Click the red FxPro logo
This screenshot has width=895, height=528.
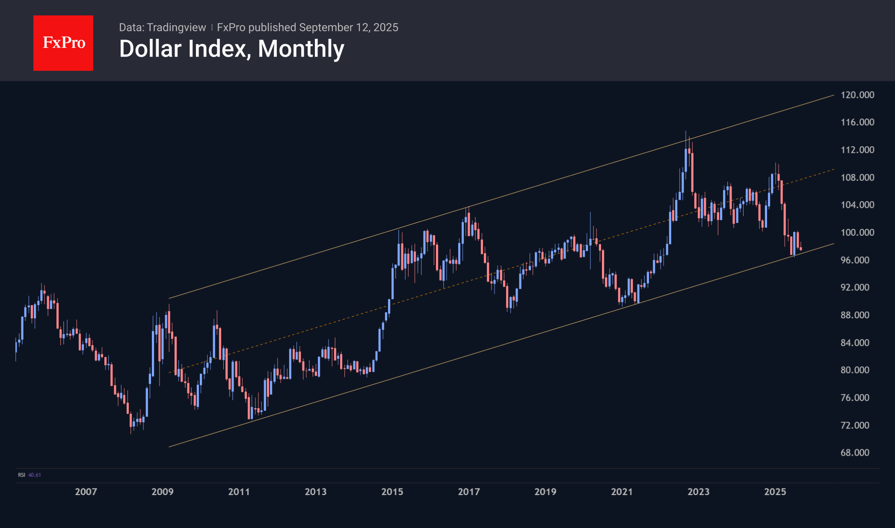[63, 43]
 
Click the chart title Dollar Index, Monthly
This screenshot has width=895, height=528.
[231, 49]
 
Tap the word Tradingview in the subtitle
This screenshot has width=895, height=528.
[176, 27]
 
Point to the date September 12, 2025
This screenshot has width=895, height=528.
[349, 27]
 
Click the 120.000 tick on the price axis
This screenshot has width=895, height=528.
[857, 95]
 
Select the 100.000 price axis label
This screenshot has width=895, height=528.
[857, 232]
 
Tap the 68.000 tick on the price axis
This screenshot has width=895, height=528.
[855, 453]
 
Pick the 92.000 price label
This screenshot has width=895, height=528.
[855, 288]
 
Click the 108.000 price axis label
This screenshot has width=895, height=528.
[857, 177]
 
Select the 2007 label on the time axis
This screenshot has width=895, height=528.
[86, 492]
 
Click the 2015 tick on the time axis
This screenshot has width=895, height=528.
[392, 492]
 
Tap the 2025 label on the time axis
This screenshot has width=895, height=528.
[775, 492]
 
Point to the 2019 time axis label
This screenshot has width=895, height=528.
[545, 492]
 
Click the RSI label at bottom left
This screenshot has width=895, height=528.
[21, 475]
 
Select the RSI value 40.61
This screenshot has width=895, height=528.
[35, 475]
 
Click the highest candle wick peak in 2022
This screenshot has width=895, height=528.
[685, 131]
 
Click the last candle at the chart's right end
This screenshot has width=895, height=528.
[800, 249]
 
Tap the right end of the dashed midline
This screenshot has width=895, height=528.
[834, 169]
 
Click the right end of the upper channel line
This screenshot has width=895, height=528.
[834, 95]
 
